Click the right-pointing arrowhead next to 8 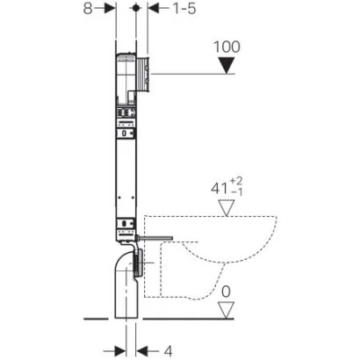pyautogui.click(x=110, y=9)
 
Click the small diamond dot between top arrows pyautogui.click(x=134, y=9)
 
